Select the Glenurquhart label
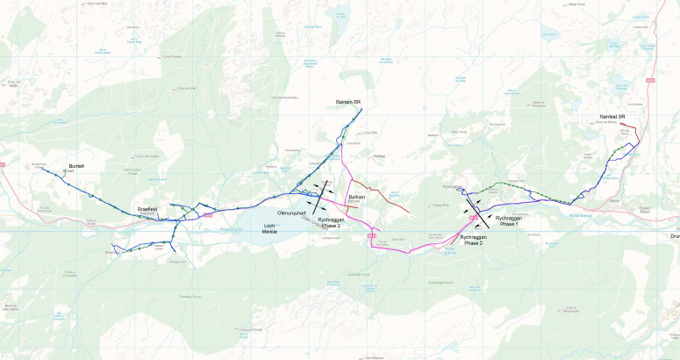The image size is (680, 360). pyautogui.click(x=291, y=213)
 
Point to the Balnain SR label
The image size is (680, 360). pyautogui.click(x=349, y=102)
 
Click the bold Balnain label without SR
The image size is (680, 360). pyautogui.click(x=357, y=197)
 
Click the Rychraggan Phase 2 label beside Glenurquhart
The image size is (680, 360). pyautogui.click(x=330, y=222)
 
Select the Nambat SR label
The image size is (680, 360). pyautogui.click(x=612, y=117)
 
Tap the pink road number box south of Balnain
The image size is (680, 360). pyautogui.click(x=371, y=235)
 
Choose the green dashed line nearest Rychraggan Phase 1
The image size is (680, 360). pyautogui.click(x=509, y=184)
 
